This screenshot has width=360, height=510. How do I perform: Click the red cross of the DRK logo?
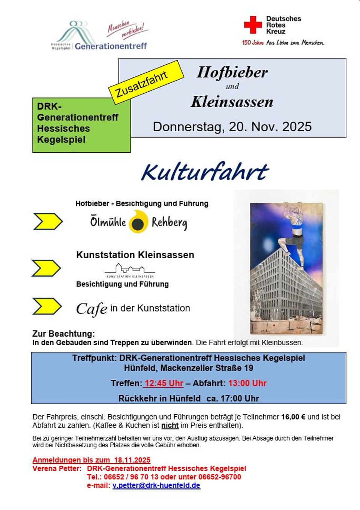tap(253, 25)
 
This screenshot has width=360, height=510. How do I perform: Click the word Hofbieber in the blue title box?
tap(232, 72)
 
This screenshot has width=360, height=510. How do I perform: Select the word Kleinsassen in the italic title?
tap(232, 102)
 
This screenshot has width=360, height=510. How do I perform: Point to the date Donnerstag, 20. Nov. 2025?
tap(232, 126)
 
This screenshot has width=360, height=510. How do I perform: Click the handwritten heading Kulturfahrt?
tap(205, 172)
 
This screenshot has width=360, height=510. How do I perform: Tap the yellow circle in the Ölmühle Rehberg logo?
tap(138, 222)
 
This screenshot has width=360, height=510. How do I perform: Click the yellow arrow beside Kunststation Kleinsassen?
tap(46, 268)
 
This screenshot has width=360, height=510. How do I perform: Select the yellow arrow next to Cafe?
tap(47, 306)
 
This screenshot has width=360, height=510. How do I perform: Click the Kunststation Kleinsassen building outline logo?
tap(130, 269)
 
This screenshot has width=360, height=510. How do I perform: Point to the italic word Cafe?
tap(91, 309)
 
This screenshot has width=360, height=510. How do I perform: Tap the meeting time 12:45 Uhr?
tap(164, 383)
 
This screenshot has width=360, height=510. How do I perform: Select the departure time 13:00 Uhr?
tap(247, 383)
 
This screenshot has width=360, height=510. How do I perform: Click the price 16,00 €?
tap(293, 417)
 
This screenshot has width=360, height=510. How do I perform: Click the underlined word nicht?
tap(170, 425)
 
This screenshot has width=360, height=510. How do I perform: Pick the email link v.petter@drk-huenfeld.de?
tap(156, 485)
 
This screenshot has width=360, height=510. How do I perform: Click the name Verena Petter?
tap(56, 468)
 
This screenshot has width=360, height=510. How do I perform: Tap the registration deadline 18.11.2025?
tap(132, 460)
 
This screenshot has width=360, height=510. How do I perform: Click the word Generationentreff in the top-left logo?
tap(111, 46)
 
